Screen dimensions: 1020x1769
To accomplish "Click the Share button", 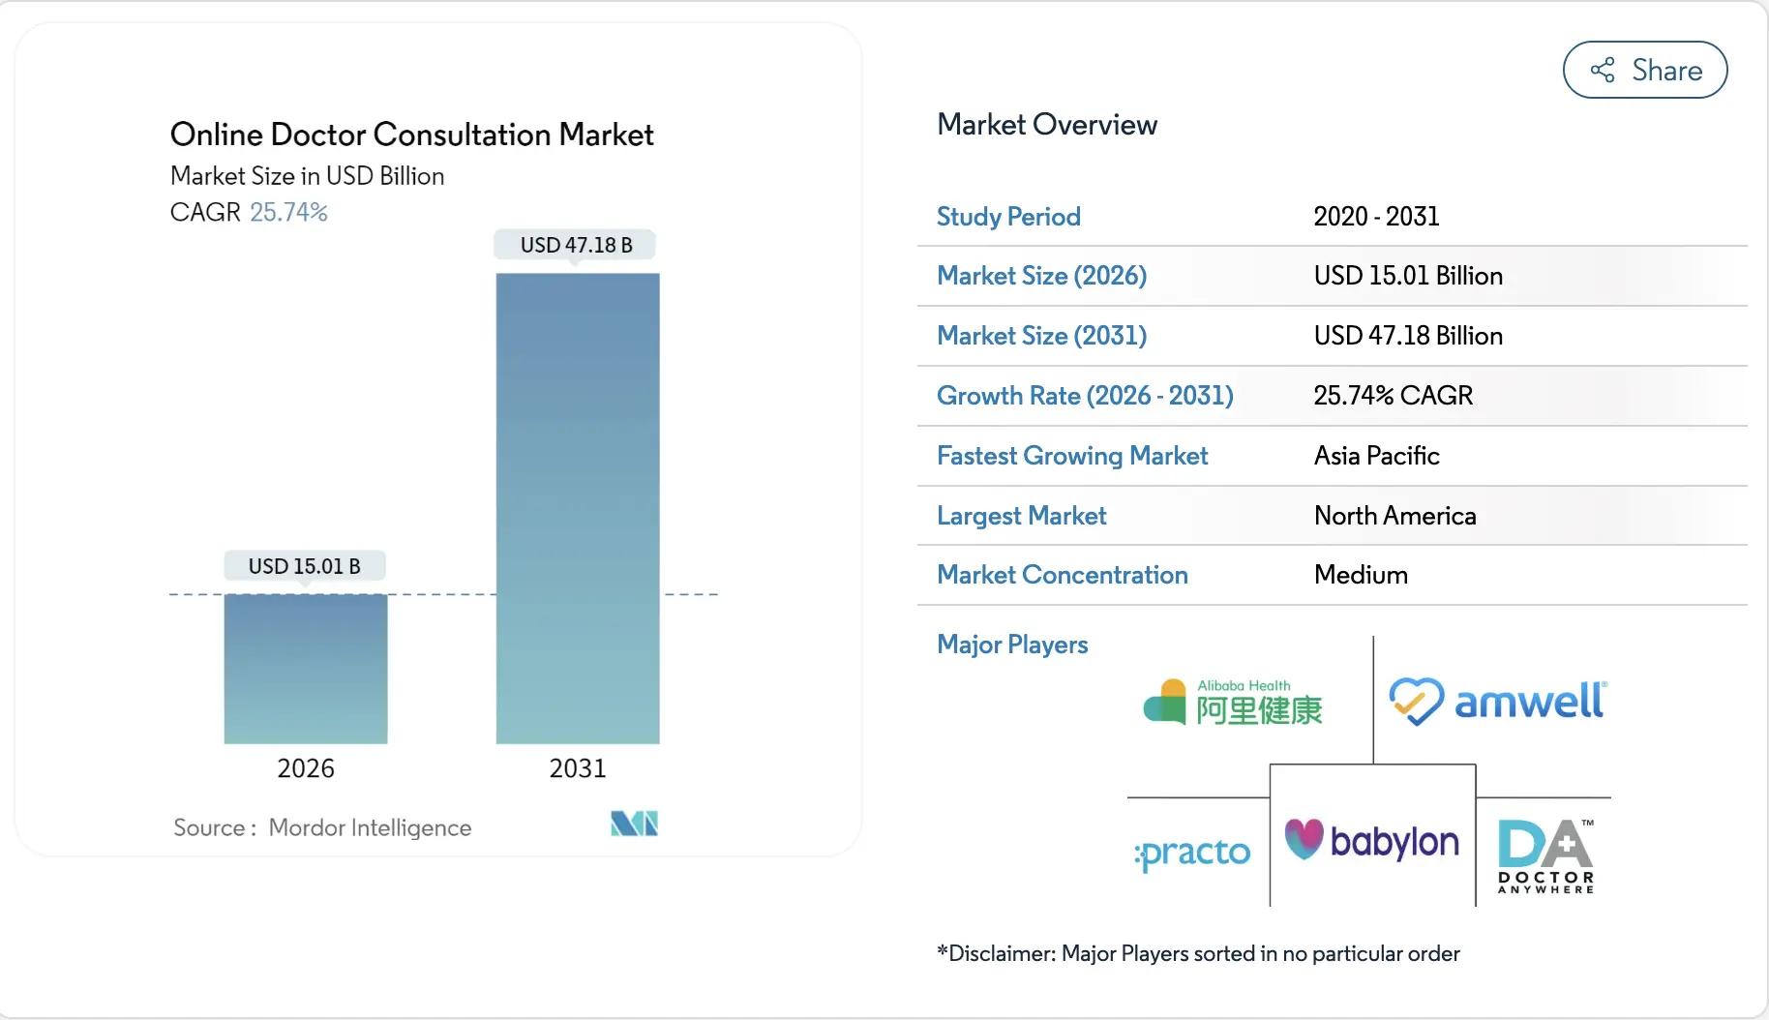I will pos(1644,70).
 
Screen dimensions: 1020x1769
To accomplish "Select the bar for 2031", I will pos(578,508).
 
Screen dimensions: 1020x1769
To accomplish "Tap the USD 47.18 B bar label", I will pos(576,245).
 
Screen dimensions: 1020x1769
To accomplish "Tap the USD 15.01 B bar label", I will pos(304,566).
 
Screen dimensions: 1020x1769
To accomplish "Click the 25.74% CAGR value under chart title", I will pos(288,212).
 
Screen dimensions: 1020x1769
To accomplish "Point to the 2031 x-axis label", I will pos(577,768).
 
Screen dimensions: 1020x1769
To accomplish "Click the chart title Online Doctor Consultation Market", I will pos(411,135).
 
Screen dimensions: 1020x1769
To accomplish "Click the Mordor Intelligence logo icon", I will pos(634,824).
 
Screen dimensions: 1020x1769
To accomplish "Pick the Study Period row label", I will pos(1008,217).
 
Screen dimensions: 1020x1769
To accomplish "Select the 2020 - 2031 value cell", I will pos(1375,217).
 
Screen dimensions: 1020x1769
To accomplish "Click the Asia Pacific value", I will pos(1375,456).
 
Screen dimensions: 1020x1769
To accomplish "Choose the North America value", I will pos(1394,516).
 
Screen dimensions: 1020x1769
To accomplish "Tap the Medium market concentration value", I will pos(1360,575).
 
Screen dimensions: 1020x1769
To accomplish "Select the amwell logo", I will pos(1498,702).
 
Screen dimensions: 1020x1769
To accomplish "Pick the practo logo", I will pos(1192,853).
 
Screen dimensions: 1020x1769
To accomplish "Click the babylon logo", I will pos(1371,840).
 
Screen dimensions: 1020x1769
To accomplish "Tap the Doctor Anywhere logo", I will pos(1544,856).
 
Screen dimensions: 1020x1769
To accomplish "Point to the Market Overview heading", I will pos(1046,125).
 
